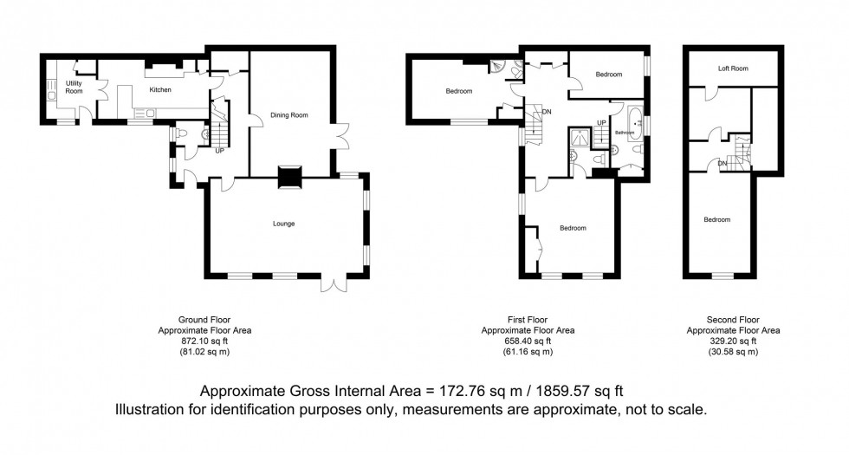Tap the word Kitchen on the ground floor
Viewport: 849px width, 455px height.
(x=160, y=89)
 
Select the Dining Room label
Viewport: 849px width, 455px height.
(x=290, y=114)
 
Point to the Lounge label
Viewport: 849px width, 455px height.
(x=283, y=224)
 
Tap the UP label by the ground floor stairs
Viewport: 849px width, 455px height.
(x=220, y=151)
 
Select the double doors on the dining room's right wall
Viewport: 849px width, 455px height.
(x=344, y=141)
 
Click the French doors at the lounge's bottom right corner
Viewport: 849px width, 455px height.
(x=334, y=284)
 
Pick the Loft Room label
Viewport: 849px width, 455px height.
(x=732, y=68)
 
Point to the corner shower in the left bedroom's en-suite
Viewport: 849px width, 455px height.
(x=497, y=64)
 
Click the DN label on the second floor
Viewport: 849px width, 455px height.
(x=722, y=162)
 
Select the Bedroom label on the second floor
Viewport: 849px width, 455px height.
(x=716, y=219)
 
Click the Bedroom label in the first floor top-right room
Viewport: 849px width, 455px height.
(x=609, y=75)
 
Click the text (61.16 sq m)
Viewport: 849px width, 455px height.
(x=528, y=352)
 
